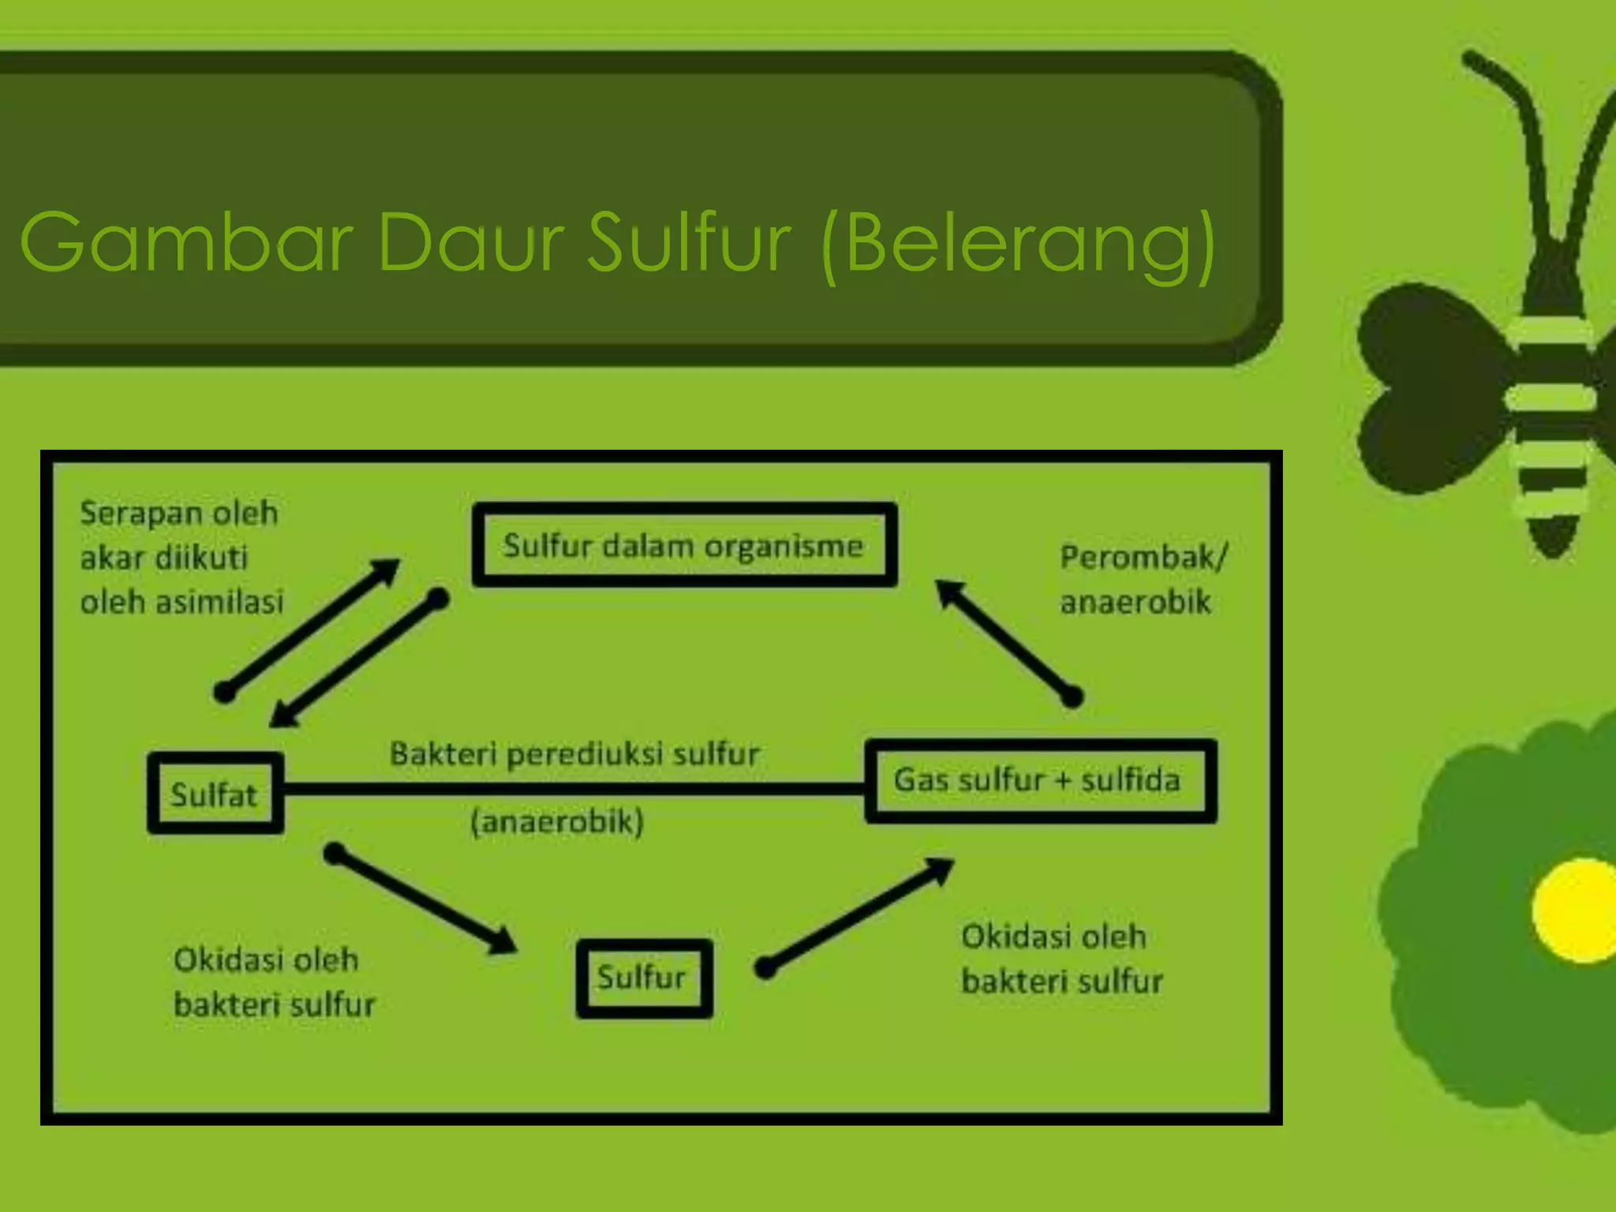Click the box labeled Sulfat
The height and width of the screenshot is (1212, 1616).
tap(215, 794)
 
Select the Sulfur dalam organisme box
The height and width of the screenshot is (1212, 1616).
tap(683, 545)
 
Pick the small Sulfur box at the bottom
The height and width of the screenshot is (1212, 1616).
tap(644, 978)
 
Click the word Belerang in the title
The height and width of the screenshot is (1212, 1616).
tap(1018, 241)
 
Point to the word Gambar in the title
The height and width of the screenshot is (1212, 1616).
tap(185, 241)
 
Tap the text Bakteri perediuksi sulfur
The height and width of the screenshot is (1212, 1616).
tap(574, 754)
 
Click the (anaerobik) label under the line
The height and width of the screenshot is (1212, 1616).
tap(557, 822)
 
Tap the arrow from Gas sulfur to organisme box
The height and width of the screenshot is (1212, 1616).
tap(1007, 641)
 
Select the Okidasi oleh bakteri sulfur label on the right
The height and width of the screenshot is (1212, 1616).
tap(1061, 959)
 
